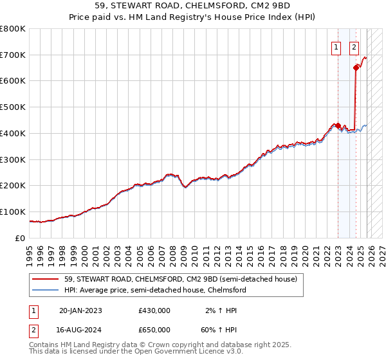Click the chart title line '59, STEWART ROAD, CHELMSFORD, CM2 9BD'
[x=193, y=6]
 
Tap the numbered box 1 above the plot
[x=337, y=46]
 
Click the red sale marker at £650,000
[x=356, y=67]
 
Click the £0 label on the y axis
[x=20, y=238]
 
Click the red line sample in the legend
[x=44, y=280]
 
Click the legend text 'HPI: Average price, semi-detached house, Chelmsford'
[x=155, y=291]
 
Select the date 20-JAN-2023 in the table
[x=80, y=310]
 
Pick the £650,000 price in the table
[x=154, y=329]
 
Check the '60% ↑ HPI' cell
[x=223, y=329]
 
